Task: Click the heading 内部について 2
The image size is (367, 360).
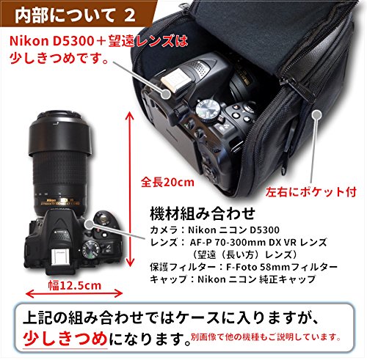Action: pos(75,15)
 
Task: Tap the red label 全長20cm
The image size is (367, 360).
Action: pos(167,183)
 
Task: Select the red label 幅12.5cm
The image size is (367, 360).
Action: pos(74,285)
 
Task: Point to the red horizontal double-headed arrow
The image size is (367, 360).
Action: pos(74,293)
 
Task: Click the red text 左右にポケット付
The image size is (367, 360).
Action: pos(311,192)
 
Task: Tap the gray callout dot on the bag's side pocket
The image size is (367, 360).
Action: pos(317,114)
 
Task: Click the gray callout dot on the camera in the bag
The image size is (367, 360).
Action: pos(166,94)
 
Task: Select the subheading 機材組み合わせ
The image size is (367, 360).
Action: pos(203,213)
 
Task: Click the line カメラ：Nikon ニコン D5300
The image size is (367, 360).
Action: pos(214,230)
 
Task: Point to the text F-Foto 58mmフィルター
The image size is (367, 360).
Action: pos(281,267)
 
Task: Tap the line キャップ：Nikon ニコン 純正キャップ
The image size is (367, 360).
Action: pos(233,279)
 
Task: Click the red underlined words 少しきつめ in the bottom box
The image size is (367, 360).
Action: pos(65,338)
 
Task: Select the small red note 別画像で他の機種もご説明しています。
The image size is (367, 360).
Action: pos(266,337)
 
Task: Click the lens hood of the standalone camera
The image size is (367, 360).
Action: pos(60,133)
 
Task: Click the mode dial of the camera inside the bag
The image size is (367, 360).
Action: pos(208,109)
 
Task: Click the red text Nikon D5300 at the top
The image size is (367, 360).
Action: pos(51,41)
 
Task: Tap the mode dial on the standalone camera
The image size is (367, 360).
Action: pos(92,249)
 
